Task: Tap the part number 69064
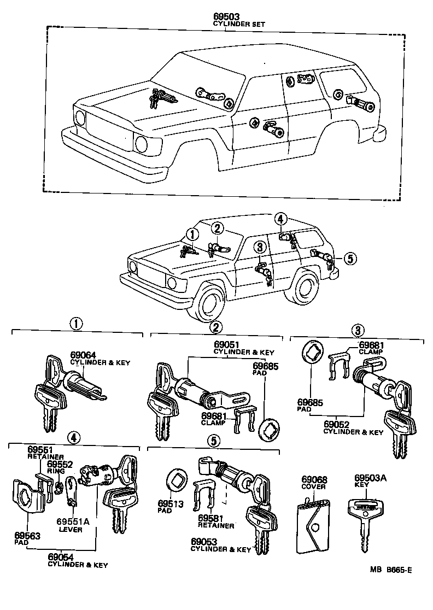[x=83, y=355]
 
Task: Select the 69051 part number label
[x=227, y=345]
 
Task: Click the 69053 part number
[x=204, y=542]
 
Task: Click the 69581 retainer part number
[x=211, y=518]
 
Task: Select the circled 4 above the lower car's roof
[x=280, y=219]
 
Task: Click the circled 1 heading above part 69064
[x=77, y=324]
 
